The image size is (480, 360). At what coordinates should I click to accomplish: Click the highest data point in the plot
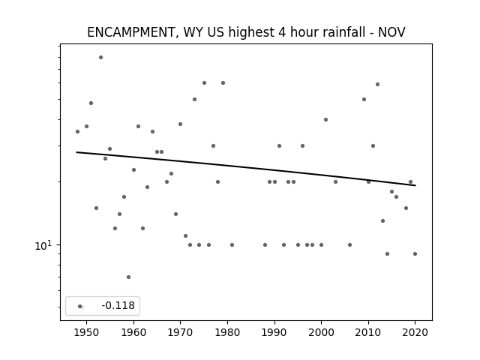coord(100,57)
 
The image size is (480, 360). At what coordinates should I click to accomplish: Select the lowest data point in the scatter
coord(128,277)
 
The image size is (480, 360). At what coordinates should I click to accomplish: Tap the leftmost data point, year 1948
coord(77,132)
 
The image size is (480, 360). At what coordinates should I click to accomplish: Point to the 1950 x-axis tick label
coord(87,332)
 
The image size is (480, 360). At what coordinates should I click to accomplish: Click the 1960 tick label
coord(133,332)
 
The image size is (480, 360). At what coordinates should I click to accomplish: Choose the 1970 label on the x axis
coord(180,332)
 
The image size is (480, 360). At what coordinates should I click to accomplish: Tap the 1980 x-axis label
coord(227,332)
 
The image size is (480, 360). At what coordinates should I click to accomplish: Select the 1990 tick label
coord(274,332)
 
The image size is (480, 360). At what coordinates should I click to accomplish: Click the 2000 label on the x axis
coord(321,332)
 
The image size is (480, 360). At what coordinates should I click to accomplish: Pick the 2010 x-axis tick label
coord(368,332)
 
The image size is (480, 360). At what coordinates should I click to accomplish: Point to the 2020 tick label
coord(415,332)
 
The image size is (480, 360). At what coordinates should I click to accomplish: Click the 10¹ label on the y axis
coord(43,245)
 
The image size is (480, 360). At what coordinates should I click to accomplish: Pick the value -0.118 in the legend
coord(118,305)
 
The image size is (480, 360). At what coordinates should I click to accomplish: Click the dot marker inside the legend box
coord(80,307)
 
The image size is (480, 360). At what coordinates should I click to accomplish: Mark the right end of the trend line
coord(415,185)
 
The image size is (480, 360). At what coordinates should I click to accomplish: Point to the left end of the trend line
coord(76,152)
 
